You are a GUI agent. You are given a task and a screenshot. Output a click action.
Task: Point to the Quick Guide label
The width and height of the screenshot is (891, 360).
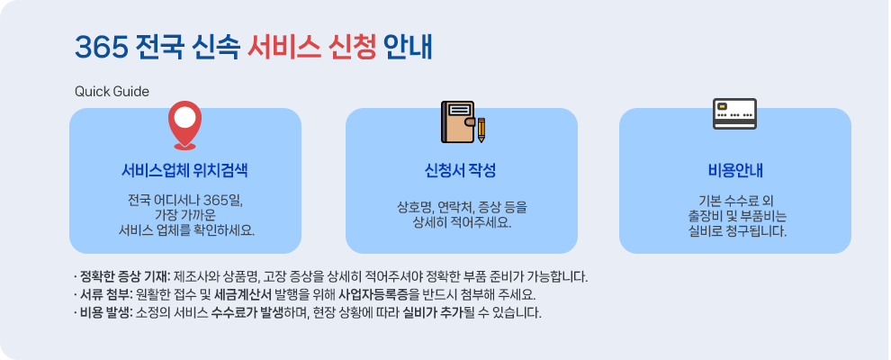tap(112, 92)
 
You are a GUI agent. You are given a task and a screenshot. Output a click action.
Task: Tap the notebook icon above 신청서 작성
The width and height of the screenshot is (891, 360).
tap(457, 121)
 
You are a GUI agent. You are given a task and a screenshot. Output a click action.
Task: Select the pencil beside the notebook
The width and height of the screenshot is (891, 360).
tap(481, 130)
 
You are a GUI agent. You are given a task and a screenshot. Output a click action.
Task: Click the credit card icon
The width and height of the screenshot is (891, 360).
tap(734, 113)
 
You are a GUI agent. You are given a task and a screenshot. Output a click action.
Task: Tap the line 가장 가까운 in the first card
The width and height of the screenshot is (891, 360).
tap(185, 214)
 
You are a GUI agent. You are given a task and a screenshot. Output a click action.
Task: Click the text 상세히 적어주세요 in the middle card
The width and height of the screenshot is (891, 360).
tap(461, 221)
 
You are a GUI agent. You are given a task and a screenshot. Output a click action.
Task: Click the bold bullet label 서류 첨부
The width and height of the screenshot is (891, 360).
tap(105, 294)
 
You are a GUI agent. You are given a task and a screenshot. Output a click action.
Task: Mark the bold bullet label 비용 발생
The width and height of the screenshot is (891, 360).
tap(105, 313)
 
